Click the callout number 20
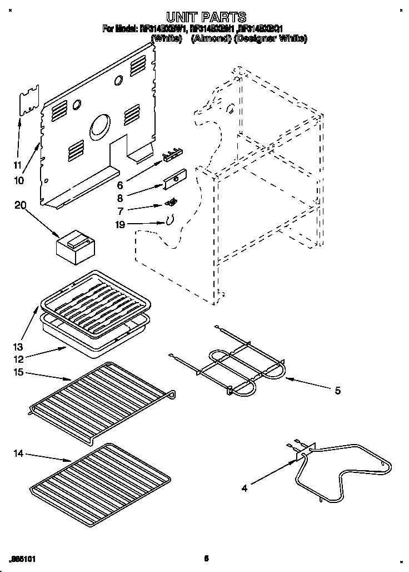coord(21,205)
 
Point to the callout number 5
coord(337,391)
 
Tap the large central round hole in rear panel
coord(101,125)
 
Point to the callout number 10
coord(19,180)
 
